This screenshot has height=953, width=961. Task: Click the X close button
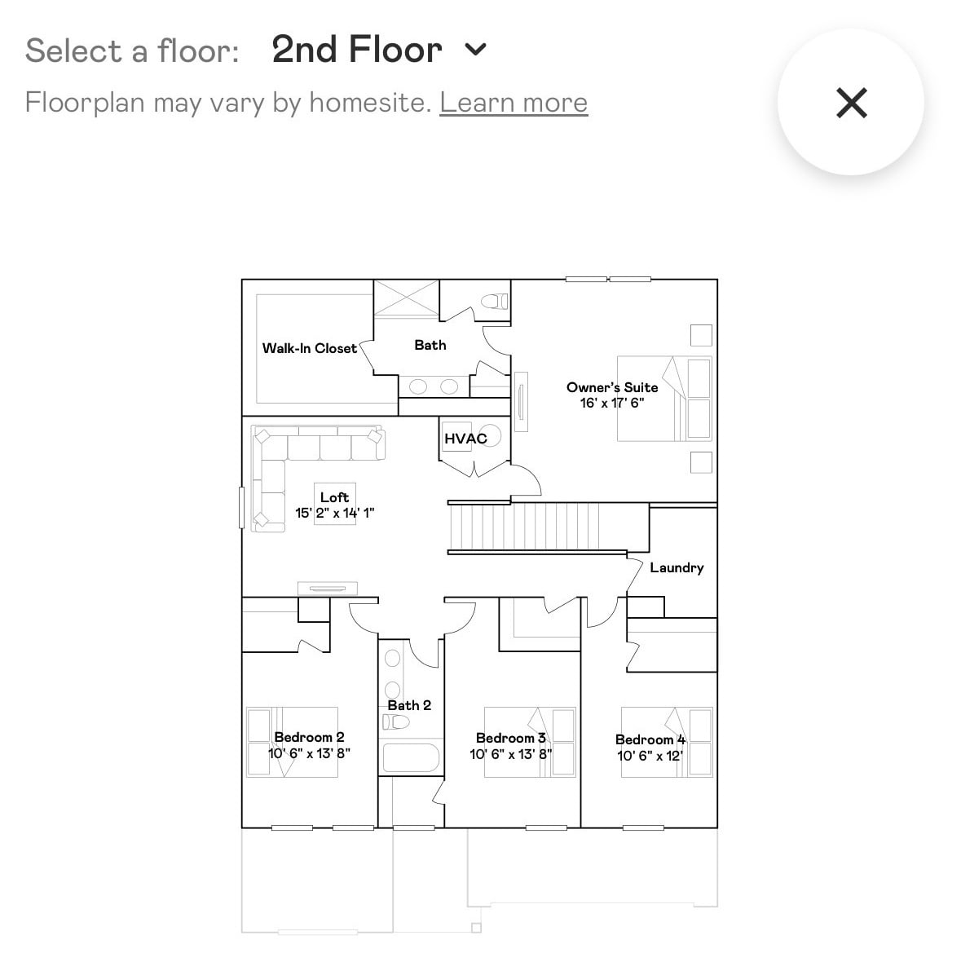pos(851,103)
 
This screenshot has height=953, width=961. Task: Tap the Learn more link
pos(514,103)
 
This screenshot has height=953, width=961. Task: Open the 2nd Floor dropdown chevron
pos(475,49)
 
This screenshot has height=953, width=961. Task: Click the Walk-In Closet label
pos(310,348)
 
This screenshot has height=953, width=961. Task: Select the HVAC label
pos(465,439)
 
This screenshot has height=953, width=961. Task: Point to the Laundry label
pos(677,567)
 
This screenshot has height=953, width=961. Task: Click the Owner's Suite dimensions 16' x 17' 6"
pos(612,403)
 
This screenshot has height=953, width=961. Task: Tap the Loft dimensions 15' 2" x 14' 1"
pos(335,512)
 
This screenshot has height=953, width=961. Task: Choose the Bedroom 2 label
pos(309,737)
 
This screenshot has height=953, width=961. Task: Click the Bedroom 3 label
pos(510,737)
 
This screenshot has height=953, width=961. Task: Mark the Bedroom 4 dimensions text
pos(650,756)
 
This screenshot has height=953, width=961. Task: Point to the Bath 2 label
pos(409,705)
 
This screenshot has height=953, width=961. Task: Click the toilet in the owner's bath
pos(495,301)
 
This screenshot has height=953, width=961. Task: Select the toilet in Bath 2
pos(395,722)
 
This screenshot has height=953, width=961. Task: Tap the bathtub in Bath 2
pos(411,757)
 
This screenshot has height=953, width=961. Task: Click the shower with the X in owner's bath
pos(407,298)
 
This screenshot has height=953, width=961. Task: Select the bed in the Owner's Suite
pos(664,399)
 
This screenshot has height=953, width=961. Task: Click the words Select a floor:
pos(132,51)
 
